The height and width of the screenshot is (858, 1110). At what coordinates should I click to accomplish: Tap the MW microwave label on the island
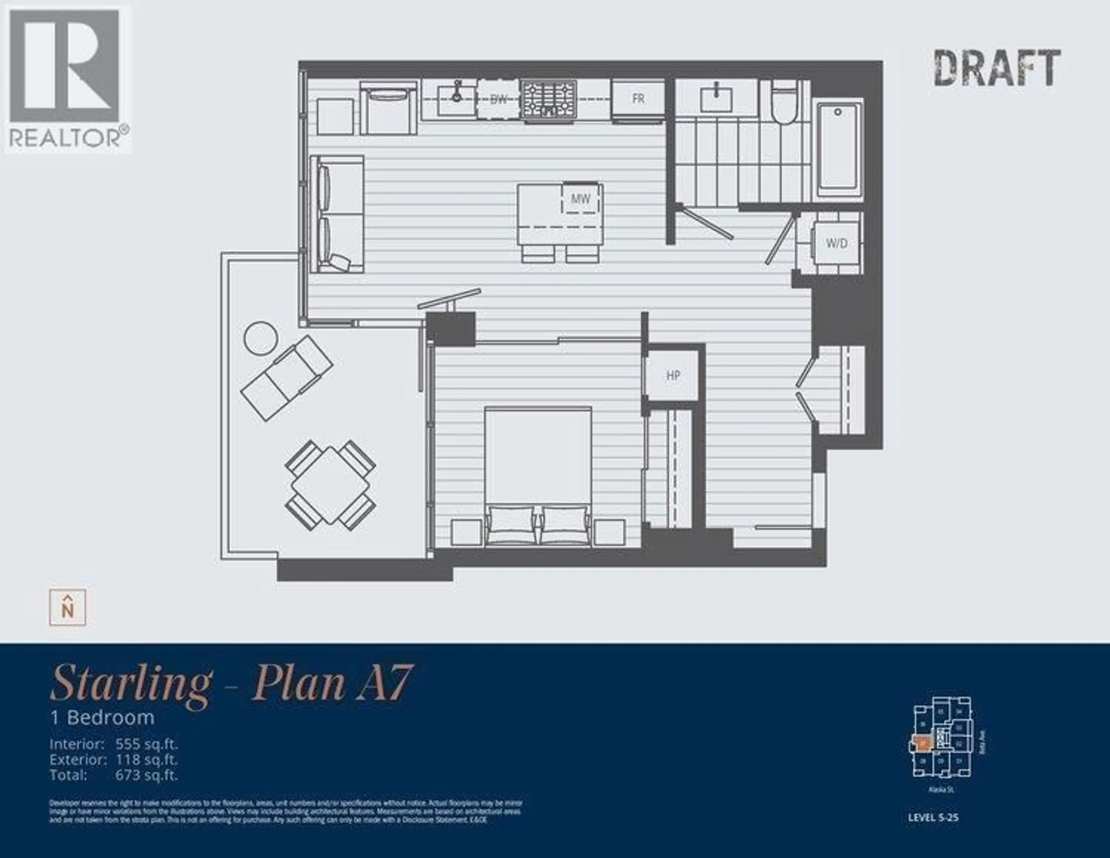click(580, 199)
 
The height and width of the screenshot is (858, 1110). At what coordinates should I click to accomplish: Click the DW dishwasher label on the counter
click(499, 100)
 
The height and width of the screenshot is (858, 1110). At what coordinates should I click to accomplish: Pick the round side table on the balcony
click(261, 338)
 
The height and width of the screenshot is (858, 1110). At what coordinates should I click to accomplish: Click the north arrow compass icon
click(68, 608)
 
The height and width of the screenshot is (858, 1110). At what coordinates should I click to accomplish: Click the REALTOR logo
click(68, 80)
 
